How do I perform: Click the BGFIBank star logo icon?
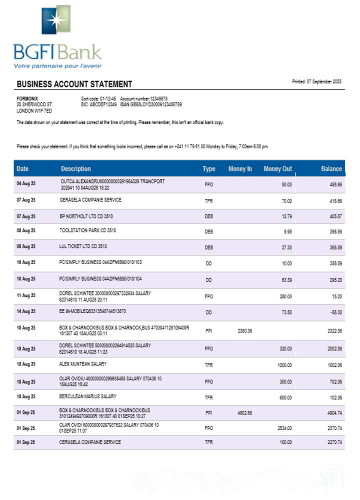coord(55,19)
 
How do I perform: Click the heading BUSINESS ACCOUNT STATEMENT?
coord(74,84)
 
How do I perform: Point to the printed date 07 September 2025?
coord(316,81)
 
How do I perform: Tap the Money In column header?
coord(240,169)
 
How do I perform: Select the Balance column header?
coord(331,169)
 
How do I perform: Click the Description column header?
coord(76,169)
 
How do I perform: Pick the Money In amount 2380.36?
coord(245,331)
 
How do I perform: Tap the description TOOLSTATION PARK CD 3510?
coord(87,231)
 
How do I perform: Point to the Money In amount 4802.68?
coord(245,413)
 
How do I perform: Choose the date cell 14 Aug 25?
coord(26,311)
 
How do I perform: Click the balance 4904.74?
coord(332,413)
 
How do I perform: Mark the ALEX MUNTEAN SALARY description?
coord(83,364)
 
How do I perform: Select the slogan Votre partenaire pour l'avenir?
coord(50,65)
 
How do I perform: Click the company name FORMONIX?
coord(27,98)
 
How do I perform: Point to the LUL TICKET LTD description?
coord(83,246)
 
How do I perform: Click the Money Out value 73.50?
coord(286,312)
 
